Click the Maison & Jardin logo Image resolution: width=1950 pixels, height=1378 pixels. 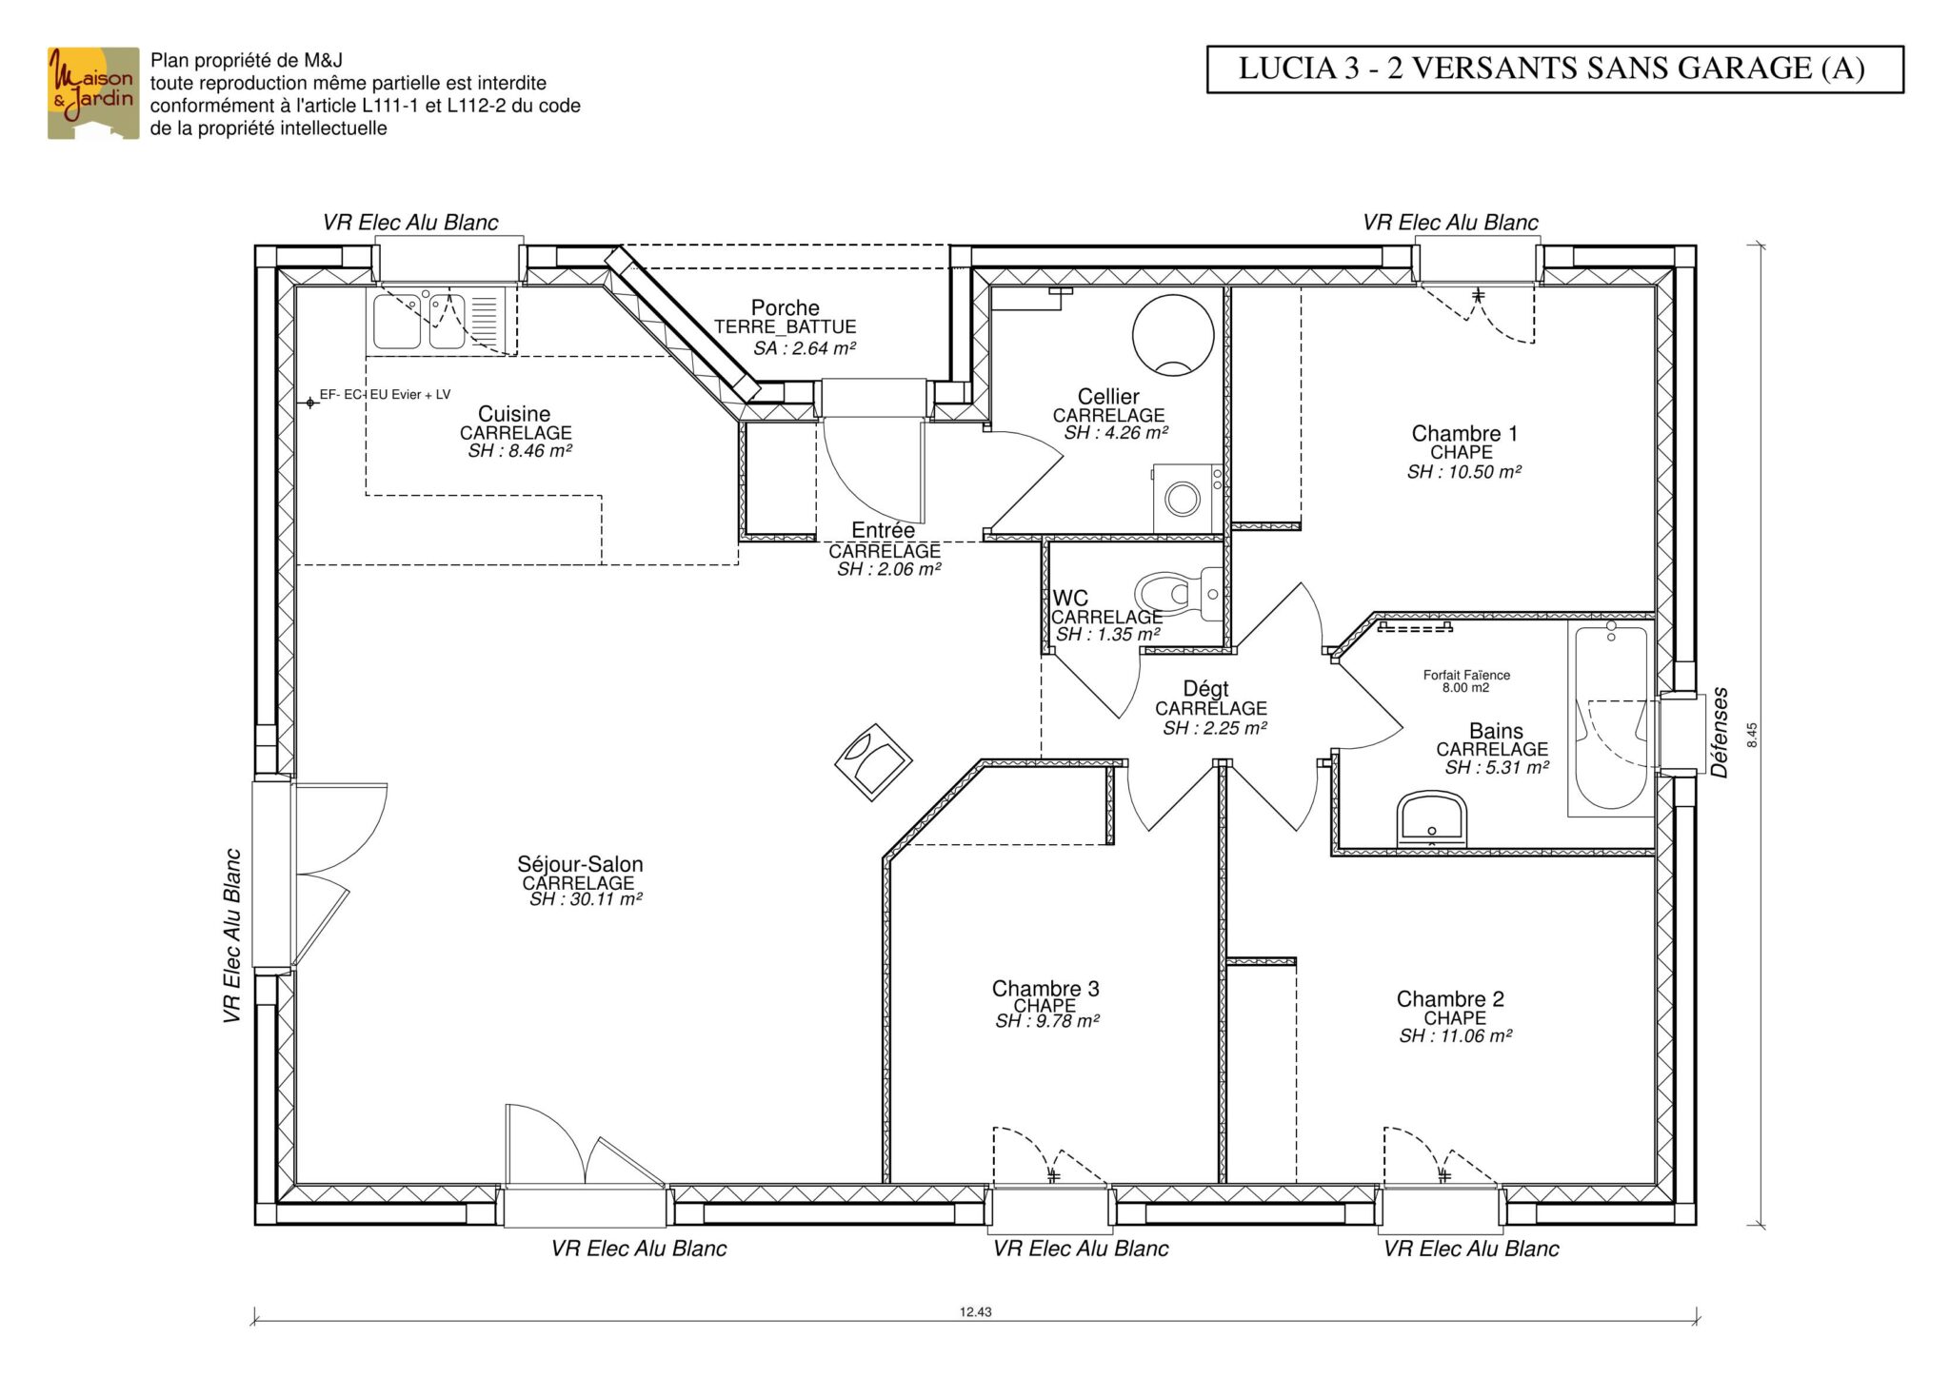pos(93,93)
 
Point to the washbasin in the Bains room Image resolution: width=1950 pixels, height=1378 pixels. pos(1431,817)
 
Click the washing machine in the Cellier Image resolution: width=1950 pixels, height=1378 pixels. pos(1187,498)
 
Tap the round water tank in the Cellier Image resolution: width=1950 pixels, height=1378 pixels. pos(1173,335)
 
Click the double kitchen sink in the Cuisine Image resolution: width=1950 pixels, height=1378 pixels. pos(418,321)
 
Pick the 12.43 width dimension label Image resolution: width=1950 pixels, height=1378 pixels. pos(976,1311)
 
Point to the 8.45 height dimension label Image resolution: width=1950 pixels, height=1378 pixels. pos(1753,736)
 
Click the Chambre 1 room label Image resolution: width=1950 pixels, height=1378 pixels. pos(1464,434)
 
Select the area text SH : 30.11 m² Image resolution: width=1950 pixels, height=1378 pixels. pos(586,899)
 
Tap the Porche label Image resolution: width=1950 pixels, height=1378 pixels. pos(786,307)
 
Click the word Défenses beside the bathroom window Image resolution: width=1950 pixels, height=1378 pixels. pos(1720,733)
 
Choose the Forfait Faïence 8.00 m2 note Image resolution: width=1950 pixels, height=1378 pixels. pos(1466,681)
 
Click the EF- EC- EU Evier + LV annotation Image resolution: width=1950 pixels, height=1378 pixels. pos(385,395)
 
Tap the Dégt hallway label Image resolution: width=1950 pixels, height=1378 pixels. pos(1205,688)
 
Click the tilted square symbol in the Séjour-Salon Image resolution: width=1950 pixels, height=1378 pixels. pos(873,762)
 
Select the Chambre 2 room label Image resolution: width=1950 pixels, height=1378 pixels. pos(1450,999)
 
